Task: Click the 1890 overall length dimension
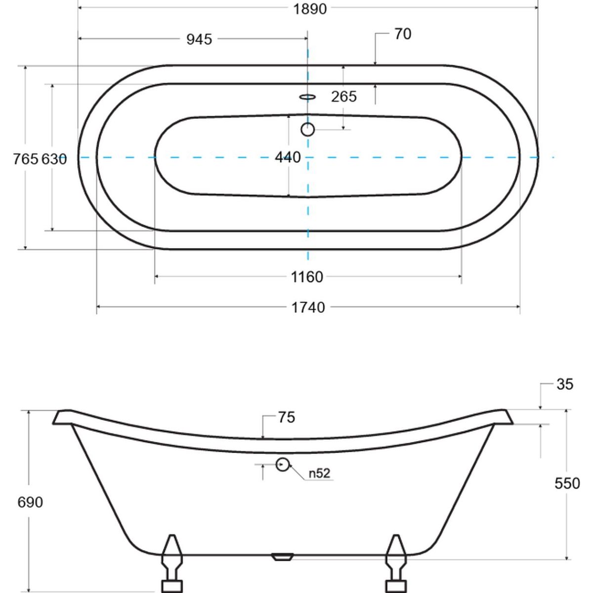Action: (310, 9)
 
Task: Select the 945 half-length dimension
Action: (200, 40)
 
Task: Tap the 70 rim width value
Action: (403, 34)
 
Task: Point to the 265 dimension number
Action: (344, 97)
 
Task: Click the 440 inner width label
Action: (288, 157)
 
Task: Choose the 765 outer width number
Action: (26, 159)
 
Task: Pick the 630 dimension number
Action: (54, 159)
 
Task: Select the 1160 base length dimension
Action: (307, 277)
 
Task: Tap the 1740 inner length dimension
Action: (308, 307)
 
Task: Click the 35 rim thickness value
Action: (565, 384)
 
